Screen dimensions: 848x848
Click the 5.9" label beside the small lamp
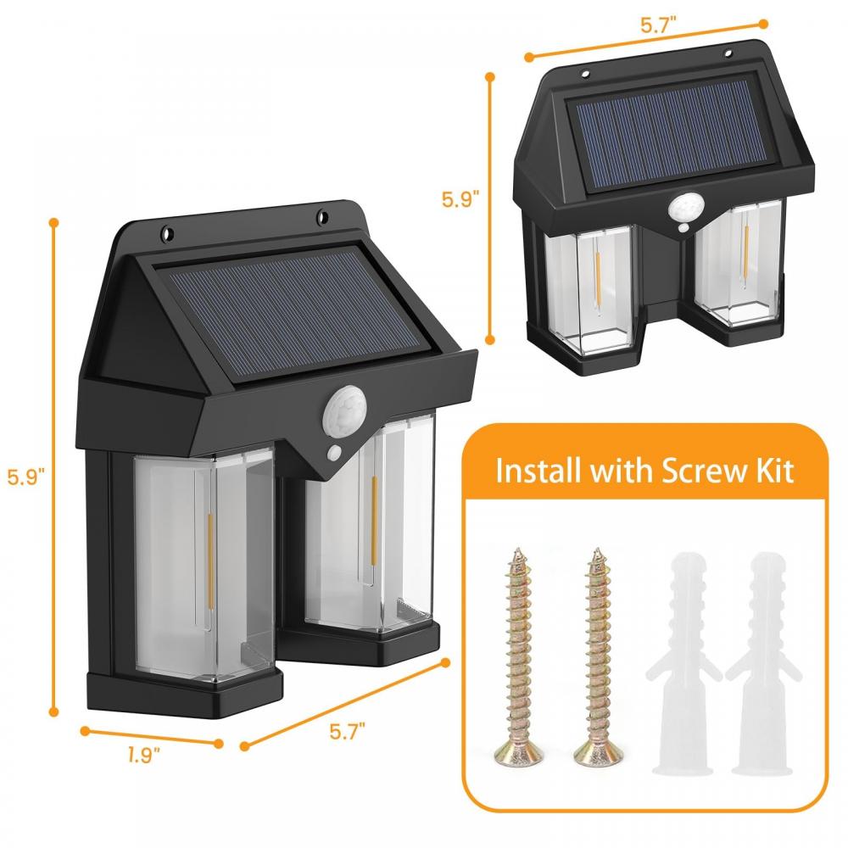pos(460,200)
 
